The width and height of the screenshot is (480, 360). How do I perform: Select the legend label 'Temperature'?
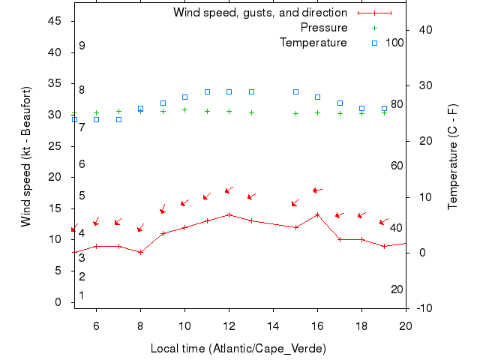tap(313, 43)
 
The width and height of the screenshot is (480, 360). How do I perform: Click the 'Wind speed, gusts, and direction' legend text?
tap(259, 13)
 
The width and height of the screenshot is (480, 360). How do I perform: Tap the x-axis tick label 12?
tap(229, 326)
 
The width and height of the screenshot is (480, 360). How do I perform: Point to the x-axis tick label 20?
tap(405, 326)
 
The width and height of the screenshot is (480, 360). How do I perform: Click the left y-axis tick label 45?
tap(55, 21)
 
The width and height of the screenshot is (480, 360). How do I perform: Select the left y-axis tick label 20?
tap(55, 177)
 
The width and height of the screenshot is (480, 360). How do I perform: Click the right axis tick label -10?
tap(424, 308)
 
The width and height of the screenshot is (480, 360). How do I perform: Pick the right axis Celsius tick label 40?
tap(424, 29)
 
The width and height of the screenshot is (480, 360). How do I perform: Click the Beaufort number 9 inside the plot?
tap(82, 46)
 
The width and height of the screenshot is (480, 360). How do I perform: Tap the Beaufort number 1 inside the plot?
tap(82, 295)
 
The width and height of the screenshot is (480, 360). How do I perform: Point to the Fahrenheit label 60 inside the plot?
tap(397, 166)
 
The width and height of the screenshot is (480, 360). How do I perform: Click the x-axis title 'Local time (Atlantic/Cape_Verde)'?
tap(238, 349)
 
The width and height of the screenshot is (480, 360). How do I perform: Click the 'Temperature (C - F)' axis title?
tap(453, 157)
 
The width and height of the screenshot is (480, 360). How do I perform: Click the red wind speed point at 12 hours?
tap(229, 214)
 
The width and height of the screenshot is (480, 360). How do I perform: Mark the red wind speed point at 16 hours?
tap(317, 214)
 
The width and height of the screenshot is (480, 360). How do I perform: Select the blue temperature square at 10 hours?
tap(184, 97)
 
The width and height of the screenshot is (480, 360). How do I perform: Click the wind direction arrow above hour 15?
tap(295, 202)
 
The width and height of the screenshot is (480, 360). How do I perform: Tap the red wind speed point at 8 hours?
tap(140, 252)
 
